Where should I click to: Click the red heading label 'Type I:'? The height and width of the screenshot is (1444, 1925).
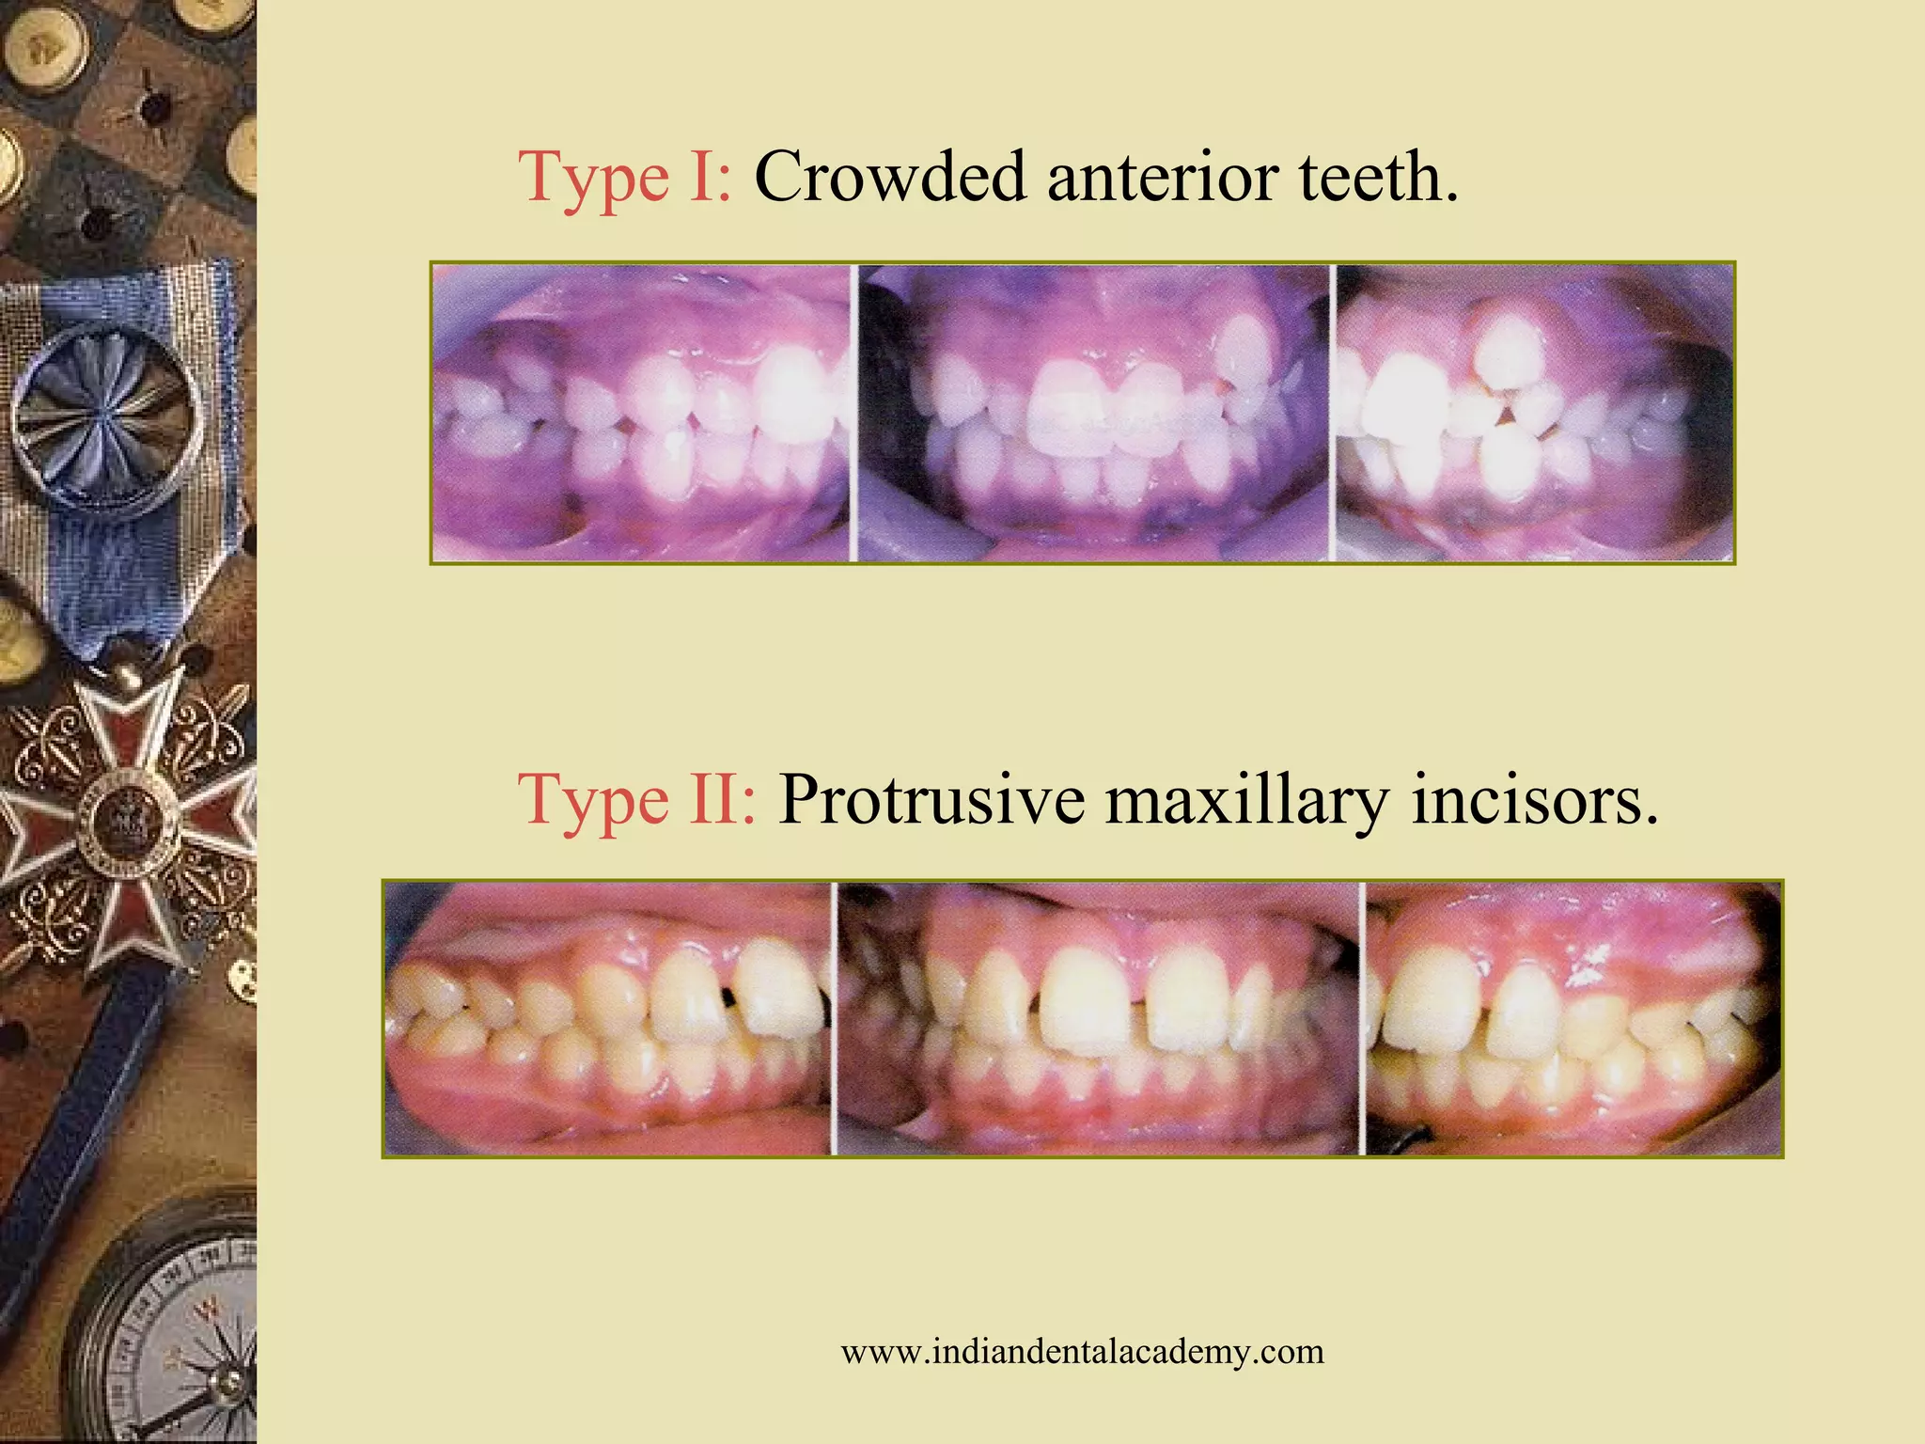click(x=624, y=177)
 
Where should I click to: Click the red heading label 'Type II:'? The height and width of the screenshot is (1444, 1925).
click(x=636, y=800)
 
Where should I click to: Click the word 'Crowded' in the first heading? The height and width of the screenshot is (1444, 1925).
click(x=889, y=177)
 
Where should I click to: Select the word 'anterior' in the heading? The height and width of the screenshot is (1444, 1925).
click(x=1162, y=177)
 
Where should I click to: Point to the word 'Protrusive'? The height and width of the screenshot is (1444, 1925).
click(x=931, y=800)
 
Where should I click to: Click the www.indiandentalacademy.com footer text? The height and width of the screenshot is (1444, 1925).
click(x=1082, y=1352)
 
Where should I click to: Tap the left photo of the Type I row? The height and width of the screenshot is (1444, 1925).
click(x=641, y=414)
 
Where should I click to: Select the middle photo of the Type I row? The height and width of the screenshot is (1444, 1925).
click(x=1093, y=414)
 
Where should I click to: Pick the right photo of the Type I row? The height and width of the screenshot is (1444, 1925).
click(x=1534, y=414)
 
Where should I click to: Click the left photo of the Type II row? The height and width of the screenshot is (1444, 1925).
click(x=608, y=1018)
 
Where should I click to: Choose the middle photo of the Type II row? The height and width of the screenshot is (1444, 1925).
click(x=1098, y=1018)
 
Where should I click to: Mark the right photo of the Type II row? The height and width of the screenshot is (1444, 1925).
click(x=1573, y=1018)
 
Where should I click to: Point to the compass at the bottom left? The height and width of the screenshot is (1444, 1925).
click(x=174, y=1335)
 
